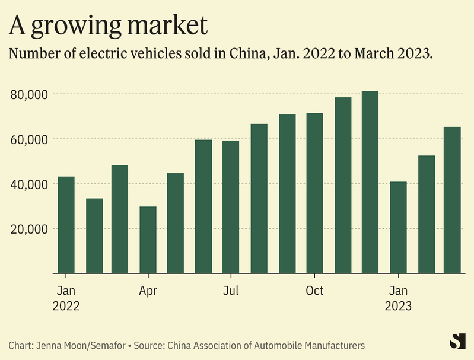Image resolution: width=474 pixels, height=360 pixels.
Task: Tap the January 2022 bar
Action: (x=66, y=225)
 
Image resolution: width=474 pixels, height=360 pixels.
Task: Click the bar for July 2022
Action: (x=231, y=207)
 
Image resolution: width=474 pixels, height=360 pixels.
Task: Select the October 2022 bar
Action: (x=314, y=193)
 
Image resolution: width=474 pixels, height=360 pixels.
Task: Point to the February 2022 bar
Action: (x=94, y=235)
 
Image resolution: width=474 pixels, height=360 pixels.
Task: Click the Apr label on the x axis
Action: (x=148, y=291)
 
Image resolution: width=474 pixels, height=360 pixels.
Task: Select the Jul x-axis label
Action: (x=231, y=291)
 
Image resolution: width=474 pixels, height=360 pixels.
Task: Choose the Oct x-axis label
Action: (x=314, y=291)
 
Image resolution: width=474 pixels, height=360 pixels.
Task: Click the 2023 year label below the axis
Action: (x=398, y=307)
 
